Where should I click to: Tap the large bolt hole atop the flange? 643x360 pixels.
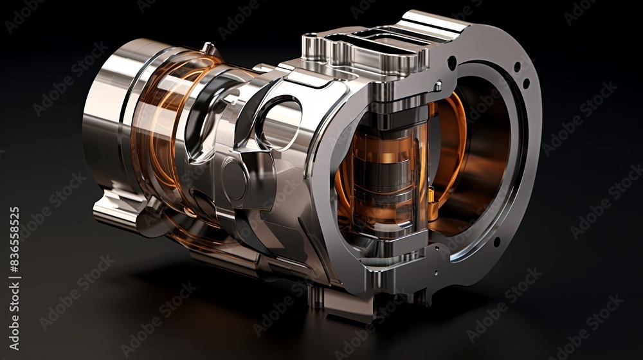[x=452, y=63]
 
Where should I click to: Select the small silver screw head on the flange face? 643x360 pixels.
[x=437, y=85]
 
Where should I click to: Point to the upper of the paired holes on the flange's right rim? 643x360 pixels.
[x=516, y=67]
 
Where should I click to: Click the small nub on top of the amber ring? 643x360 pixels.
[x=208, y=48]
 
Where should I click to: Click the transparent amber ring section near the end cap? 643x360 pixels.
[x=154, y=129]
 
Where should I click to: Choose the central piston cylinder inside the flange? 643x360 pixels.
[x=386, y=170]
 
